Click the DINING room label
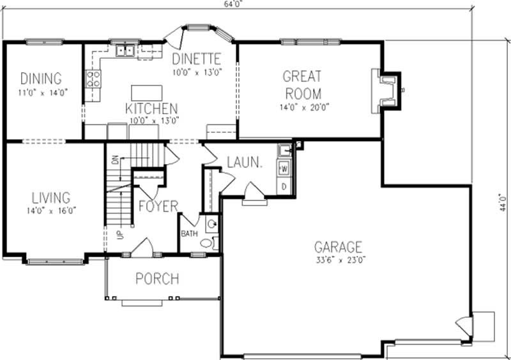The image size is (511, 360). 41,79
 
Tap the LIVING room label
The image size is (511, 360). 49,198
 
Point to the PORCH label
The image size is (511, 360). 157,279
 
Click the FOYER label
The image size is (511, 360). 158,206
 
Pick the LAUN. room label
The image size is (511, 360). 245,163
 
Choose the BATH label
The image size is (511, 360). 189,234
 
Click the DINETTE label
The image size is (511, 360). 197,59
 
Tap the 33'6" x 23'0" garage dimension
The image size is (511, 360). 339,260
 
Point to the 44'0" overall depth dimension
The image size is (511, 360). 503,202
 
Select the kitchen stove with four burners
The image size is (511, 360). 93,79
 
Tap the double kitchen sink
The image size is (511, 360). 125,51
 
